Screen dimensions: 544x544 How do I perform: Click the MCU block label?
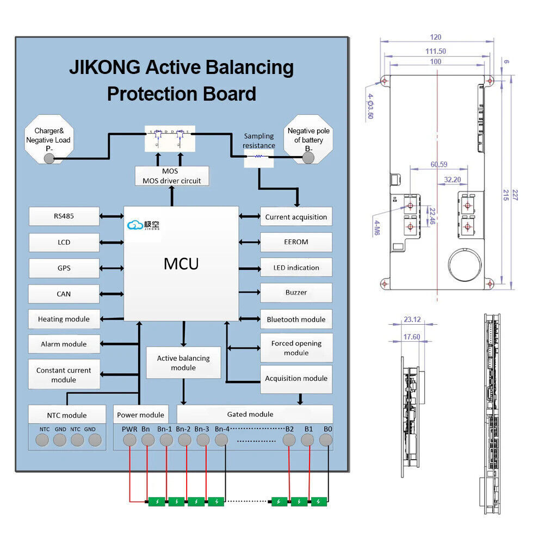[181, 264]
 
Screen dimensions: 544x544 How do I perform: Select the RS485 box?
[64, 216]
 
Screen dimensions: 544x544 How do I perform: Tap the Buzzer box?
[296, 293]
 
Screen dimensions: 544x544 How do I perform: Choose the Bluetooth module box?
[296, 319]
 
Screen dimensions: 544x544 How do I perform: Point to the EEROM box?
[296, 242]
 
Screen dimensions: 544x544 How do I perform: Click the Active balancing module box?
[183, 363]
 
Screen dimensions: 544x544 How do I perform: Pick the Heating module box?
[64, 319]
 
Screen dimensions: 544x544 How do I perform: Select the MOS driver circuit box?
[172, 176]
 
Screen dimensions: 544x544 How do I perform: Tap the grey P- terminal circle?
[50, 158]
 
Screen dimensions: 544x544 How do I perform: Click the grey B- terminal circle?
[308, 158]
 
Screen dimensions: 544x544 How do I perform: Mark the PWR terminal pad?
[129, 440]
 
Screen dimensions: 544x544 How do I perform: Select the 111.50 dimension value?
[435, 51]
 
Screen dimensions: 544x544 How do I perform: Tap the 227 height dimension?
[515, 195]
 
